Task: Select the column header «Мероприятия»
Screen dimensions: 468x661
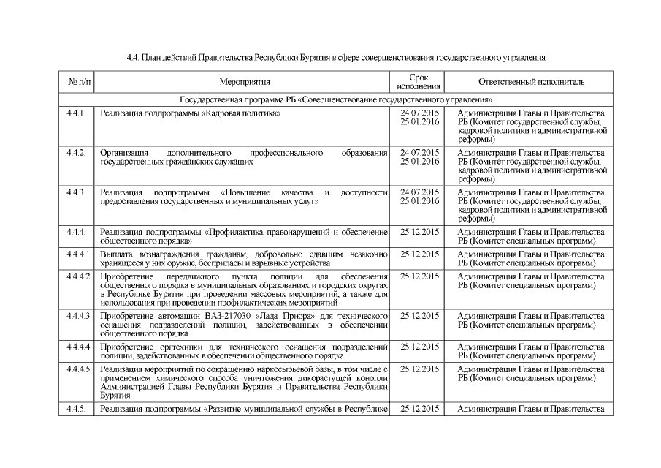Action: pos(245,83)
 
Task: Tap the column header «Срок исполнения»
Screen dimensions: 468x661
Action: pos(419,82)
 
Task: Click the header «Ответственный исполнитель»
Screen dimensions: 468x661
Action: pos(531,83)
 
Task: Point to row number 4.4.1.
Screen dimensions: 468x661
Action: pos(75,113)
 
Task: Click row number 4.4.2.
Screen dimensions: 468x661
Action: pos(75,153)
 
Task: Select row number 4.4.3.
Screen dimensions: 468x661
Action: pos(75,192)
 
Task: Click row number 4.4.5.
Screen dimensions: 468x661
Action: pos(75,408)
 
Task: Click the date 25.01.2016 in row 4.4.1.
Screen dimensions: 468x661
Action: pos(419,122)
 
